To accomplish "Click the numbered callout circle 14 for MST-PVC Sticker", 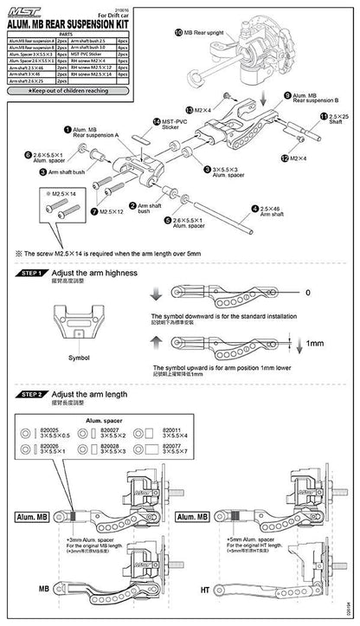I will coord(156,122).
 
